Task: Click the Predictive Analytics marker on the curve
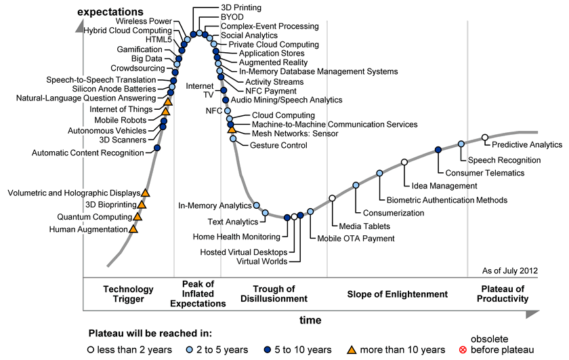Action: point(484,138)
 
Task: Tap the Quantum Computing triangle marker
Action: point(138,216)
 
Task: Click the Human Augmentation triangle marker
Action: point(133,229)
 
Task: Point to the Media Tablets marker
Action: point(332,198)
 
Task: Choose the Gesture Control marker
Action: point(233,138)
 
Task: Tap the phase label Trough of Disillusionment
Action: point(274,294)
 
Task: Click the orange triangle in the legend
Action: point(352,350)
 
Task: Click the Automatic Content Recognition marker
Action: point(157,147)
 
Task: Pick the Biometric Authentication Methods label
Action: point(446,200)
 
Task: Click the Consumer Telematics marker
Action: point(438,150)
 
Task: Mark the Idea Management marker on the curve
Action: point(404,162)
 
